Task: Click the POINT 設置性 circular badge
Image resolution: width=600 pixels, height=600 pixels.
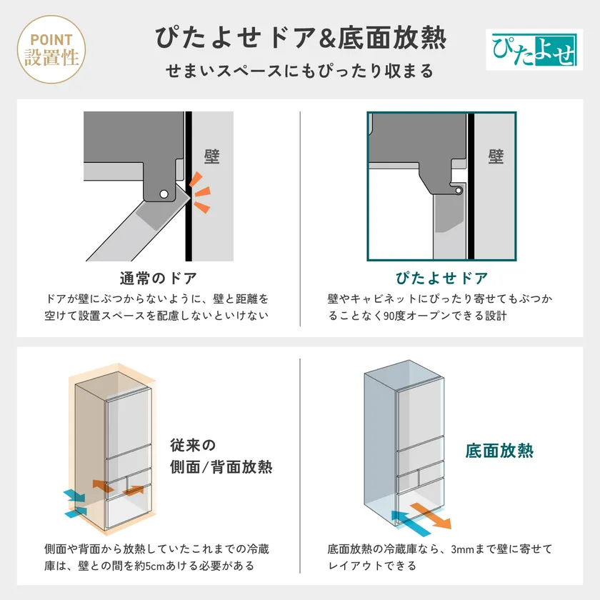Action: click(51, 49)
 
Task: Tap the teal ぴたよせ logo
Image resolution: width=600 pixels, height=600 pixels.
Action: click(534, 50)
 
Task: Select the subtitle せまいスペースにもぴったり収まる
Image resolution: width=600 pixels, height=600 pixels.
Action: click(299, 71)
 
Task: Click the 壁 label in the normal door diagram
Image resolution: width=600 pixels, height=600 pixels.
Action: click(211, 156)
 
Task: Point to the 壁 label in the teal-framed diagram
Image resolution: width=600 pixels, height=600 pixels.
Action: click(496, 156)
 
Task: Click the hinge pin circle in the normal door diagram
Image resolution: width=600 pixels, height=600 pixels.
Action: click(164, 194)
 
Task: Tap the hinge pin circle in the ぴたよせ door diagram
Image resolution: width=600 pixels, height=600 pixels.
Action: click(459, 190)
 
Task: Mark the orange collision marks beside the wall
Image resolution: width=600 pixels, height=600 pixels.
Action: click(200, 192)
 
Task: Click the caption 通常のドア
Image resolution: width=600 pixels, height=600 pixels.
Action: click(159, 279)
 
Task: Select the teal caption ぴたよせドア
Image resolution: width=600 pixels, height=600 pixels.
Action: click(442, 278)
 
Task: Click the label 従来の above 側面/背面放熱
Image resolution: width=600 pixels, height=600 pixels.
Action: click(193, 445)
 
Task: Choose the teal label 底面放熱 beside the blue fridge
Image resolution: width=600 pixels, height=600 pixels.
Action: click(499, 451)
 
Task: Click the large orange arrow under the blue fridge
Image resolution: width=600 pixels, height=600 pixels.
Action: click(431, 516)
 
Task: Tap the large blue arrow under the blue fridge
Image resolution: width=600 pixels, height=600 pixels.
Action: click(411, 523)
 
